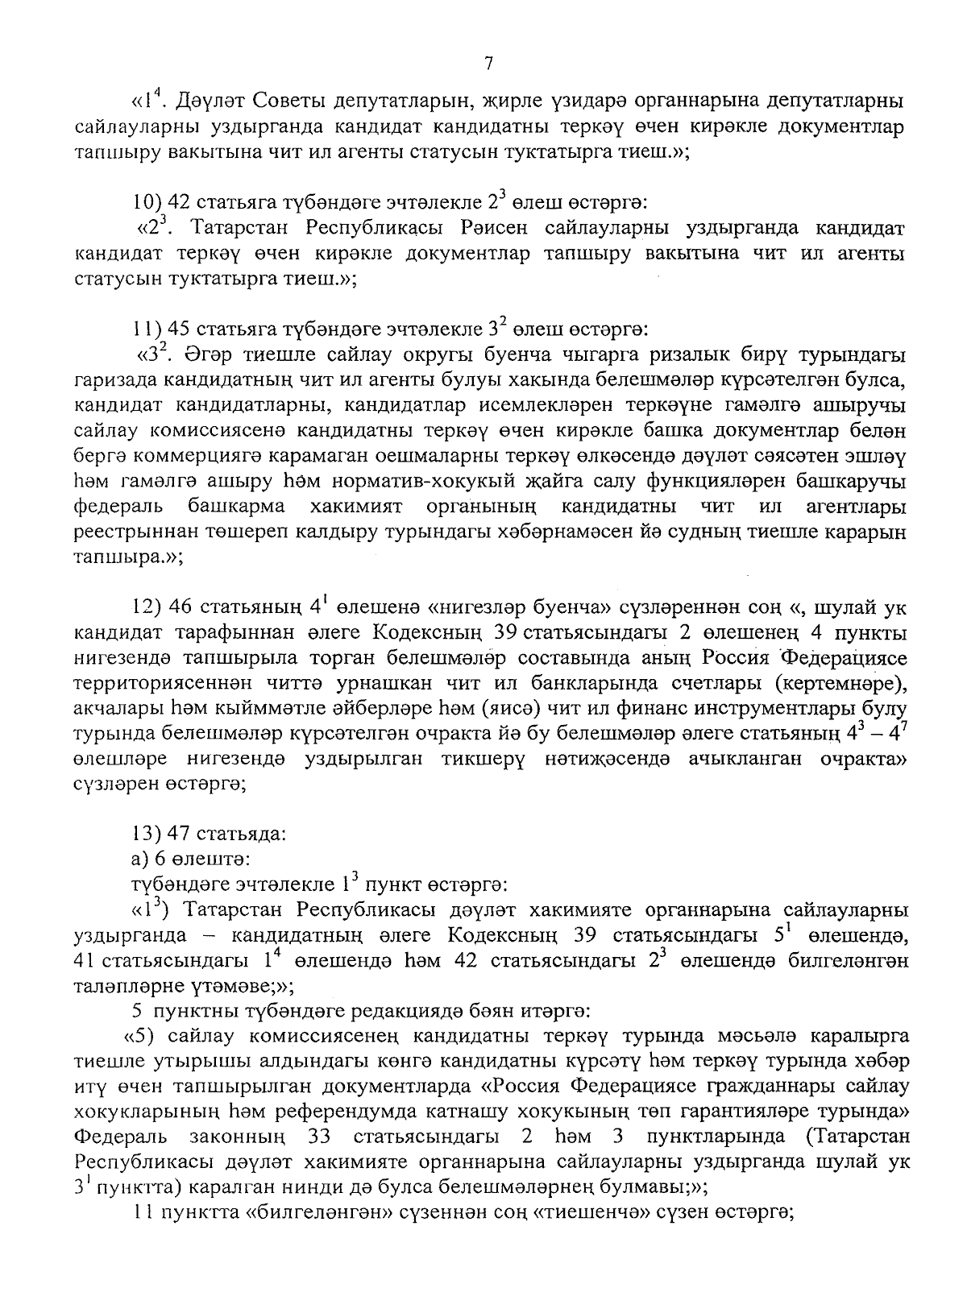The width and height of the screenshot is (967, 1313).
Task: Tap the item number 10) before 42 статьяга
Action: point(147,198)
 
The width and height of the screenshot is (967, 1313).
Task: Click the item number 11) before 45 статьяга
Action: point(147,329)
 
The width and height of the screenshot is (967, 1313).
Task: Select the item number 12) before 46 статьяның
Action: point(148,606)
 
